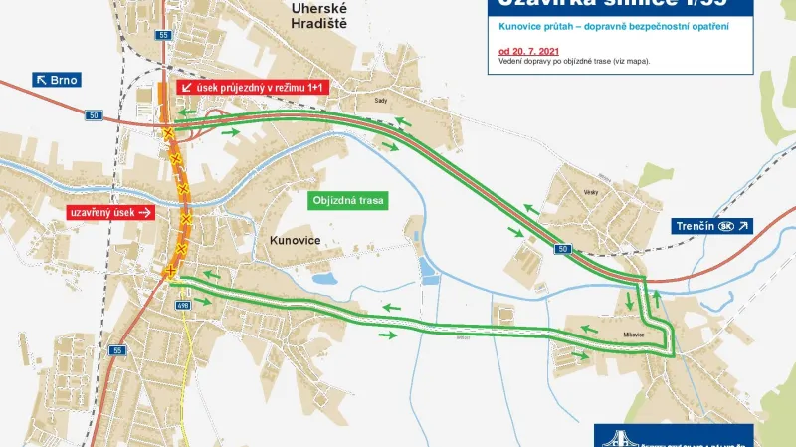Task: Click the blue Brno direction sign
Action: pyautogui.click(x=56, y=80)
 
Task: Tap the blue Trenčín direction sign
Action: pyautogui.click(x=712, y=226)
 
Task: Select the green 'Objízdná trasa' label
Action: pyautogui.click(x=348, y=200)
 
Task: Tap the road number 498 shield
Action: pyautogui.click(x=182, y=306)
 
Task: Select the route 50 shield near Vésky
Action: pyautogui.click(x=563, y=248)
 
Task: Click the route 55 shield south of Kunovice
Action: pyautogui.click(x=116, y=350)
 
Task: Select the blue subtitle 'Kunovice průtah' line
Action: pyautogui.click(x=614, y=25)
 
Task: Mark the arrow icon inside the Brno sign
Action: pyautogui.click(x=42, y=80)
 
